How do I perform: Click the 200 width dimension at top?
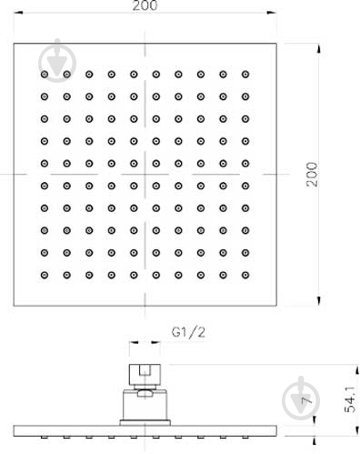tap(145, 6)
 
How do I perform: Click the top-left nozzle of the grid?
tap(45, 73)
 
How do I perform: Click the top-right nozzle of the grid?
tap(245, 73)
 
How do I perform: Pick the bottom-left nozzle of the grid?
tap(45, 274)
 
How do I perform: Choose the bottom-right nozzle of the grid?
tap(245, 274)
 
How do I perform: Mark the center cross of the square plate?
tap(145, 173)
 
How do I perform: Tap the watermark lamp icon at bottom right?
tap(299, 391)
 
